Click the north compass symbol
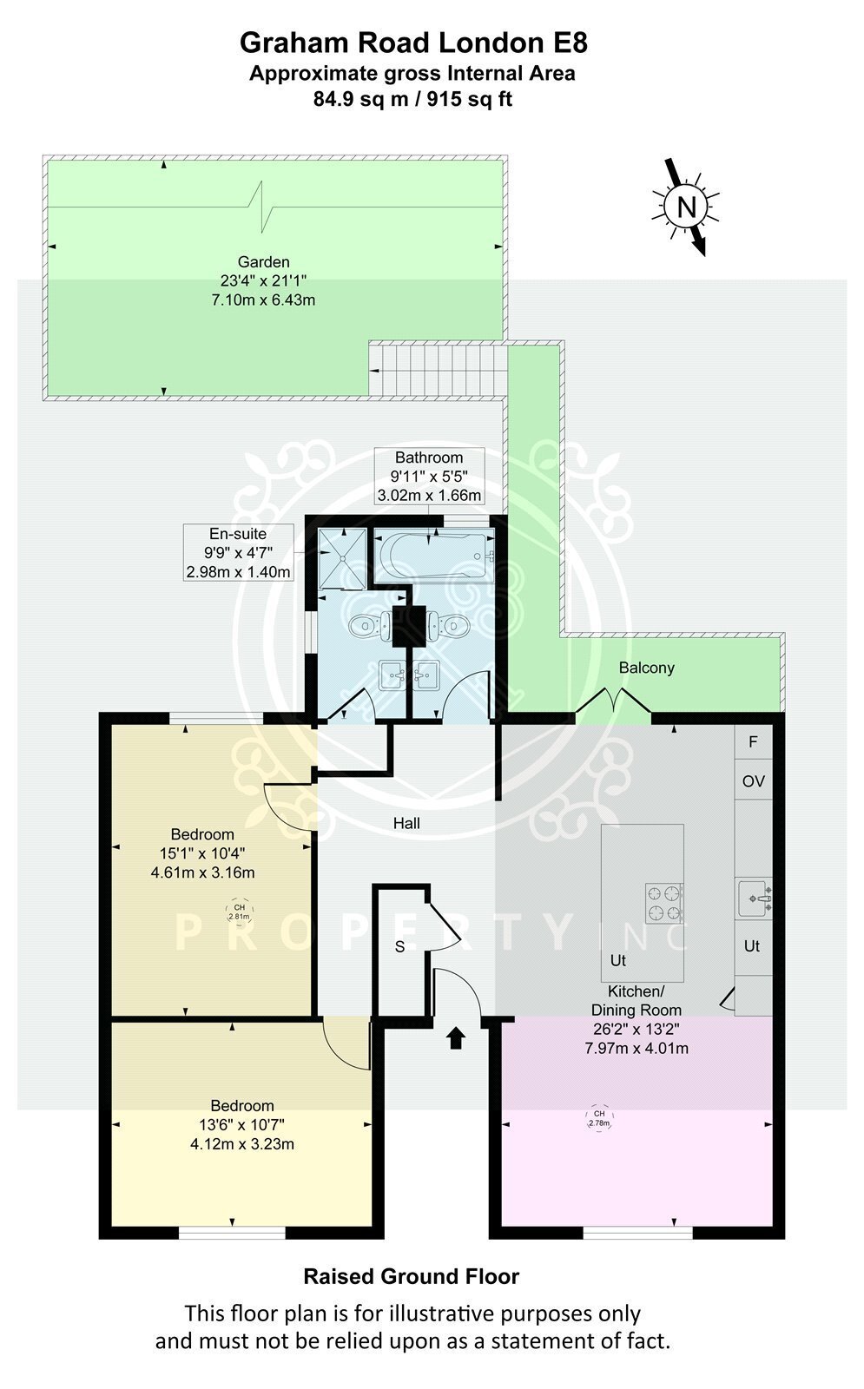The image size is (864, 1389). (x=686, y=207)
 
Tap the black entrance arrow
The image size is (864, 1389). (x=456, y=1037)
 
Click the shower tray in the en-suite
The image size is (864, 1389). (x=342, y=557)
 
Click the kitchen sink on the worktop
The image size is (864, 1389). (x=755, y=898)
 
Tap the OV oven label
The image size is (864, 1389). (x=753, y=781)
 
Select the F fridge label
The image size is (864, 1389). (x=753, y=741)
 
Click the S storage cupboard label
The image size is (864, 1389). (x=400, y=947)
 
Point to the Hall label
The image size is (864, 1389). (x=406, y=823)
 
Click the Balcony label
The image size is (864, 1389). (x=646, y=668)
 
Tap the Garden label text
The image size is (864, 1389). (x=264, y=262)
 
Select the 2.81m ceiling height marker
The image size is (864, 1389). (x=239, y=912)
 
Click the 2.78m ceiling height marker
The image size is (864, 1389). (x=598, y=1118)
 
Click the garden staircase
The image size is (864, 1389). (x=439, y=370)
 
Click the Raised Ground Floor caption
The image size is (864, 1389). (x=412, y=1276)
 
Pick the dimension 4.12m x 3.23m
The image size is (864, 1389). (x=242, y=1144)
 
